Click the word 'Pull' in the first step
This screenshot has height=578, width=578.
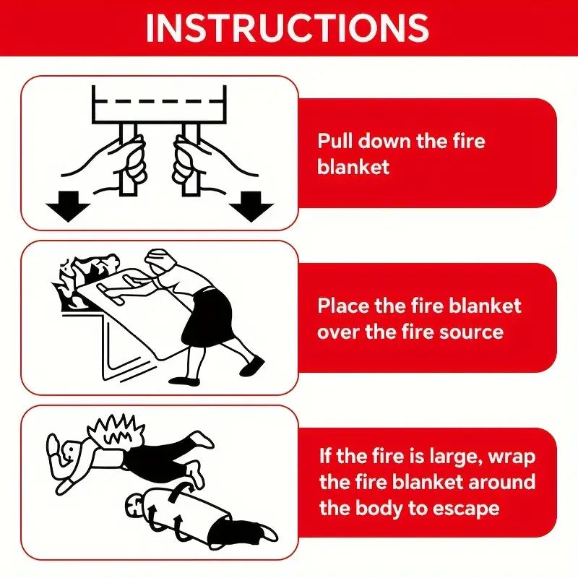335,140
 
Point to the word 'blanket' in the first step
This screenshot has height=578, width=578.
353,167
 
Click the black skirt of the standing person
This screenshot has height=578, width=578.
206,318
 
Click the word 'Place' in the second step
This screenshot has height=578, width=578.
344,305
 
